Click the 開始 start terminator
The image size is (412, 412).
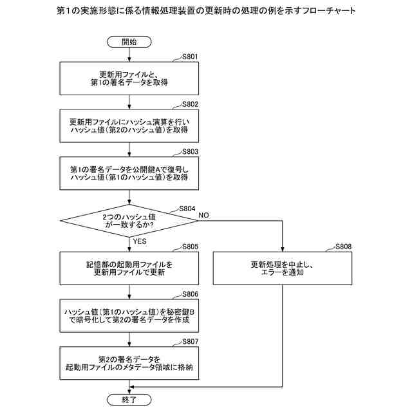[x=129, y=42]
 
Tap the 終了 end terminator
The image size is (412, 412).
[x=129, y=400]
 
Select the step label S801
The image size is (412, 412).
[x=190, y=57]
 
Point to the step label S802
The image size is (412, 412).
[x=190, y=104]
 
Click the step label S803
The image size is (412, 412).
[x=190, y=152]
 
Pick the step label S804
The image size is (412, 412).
[x=187, y=209]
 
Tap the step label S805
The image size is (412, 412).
[x=190, y=247]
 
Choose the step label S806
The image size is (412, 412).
[x=190, y=294]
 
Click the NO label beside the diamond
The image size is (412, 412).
[x=203, y=214]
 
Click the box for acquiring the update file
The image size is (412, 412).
[x=129, y=78]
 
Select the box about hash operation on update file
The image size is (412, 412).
[x=129, y=126]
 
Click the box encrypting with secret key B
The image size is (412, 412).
[x=129, y=315]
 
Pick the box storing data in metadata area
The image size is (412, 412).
[x=129, y=363]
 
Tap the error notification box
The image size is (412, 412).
[x=283, y=268]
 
